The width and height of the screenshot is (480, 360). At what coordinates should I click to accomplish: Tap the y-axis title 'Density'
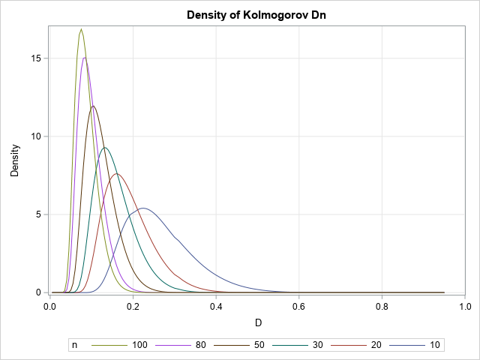(14, 160)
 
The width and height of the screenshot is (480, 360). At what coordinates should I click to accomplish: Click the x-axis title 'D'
(257, 323)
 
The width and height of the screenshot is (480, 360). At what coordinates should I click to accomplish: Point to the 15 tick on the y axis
(37, 58)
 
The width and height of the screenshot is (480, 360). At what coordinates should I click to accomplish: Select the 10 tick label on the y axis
(37, 136)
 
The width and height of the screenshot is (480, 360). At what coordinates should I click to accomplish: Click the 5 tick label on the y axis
(40, 214)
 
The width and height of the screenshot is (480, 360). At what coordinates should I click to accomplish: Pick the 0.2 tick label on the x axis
(133, 306)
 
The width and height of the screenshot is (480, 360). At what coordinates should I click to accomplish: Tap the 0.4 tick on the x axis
(216, 306)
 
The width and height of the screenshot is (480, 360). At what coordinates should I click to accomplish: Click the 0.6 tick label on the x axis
(299, 306)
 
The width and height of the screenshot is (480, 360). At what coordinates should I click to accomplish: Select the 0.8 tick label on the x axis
(382, 306)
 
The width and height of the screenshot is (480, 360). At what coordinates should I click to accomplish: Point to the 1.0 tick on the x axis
(465, 306)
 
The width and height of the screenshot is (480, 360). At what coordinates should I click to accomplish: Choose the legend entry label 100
(140, 345)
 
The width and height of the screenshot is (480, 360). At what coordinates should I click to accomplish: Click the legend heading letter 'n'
(74, 345)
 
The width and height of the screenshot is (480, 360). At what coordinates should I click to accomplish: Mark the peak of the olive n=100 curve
(81, 29)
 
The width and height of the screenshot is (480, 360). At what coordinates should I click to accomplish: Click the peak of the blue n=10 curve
(143, 208)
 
